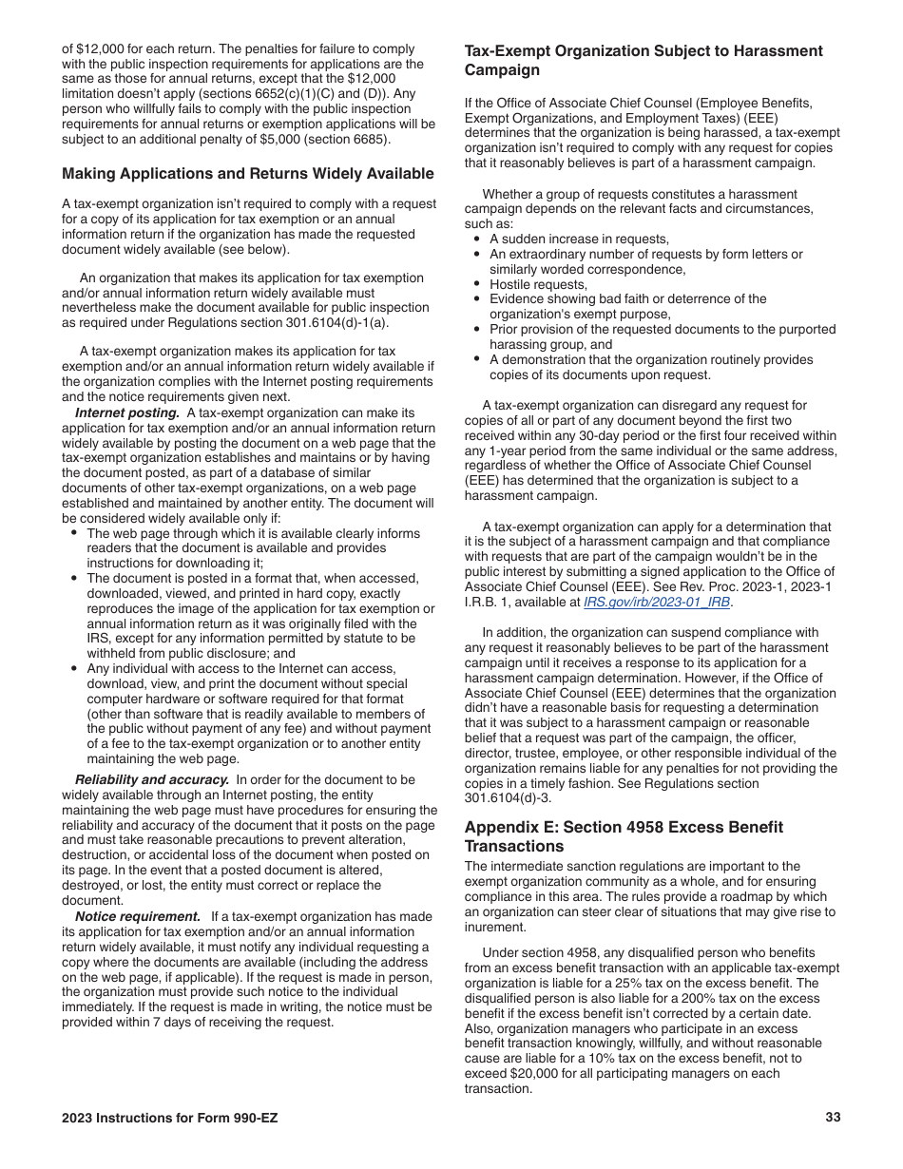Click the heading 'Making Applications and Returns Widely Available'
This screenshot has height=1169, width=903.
coord(248,174)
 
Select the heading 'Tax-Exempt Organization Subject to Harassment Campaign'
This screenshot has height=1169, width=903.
coord(644,60)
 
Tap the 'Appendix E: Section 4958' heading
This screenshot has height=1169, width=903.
coord(624,836)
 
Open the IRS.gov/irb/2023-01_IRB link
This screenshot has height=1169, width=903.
coord(657,603)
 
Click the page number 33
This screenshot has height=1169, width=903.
coord(833,1118)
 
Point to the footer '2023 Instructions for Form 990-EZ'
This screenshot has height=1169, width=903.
coord(170,1118)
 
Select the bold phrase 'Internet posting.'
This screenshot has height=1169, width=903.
coord(127,412)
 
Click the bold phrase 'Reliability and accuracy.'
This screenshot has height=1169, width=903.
coord(152,779)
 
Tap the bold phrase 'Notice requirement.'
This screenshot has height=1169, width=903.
coord(138,916)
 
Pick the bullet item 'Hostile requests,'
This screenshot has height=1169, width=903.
coord(538,284)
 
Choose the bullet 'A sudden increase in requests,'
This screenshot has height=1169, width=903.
coord(579,239)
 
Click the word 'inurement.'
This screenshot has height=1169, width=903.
coord(496,928)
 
